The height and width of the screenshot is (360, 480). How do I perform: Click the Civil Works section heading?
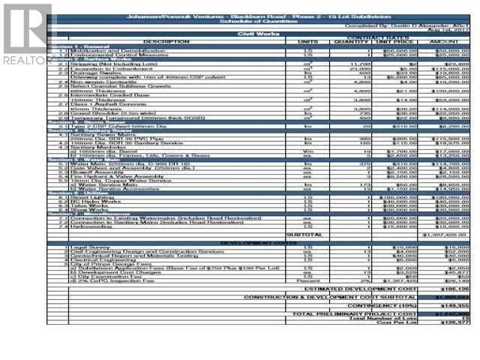coord(254,34)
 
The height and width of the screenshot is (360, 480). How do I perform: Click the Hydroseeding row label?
coord(89,226)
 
